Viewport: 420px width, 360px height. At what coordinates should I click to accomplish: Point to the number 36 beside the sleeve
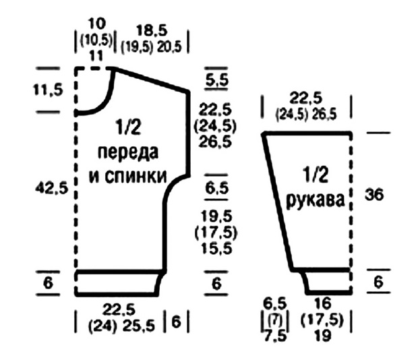coord(374,196)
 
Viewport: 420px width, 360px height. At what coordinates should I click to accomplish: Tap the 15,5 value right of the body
coord(216,249)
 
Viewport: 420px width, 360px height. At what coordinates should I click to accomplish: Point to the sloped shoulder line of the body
coord(152,79)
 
